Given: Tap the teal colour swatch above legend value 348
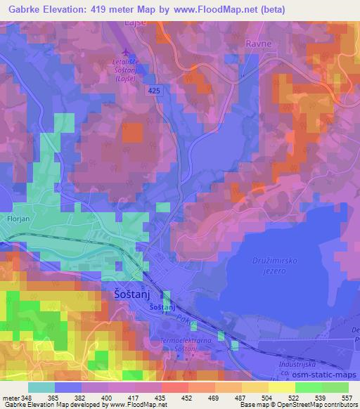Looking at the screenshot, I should pyautogui.click(x=42, y=387).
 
